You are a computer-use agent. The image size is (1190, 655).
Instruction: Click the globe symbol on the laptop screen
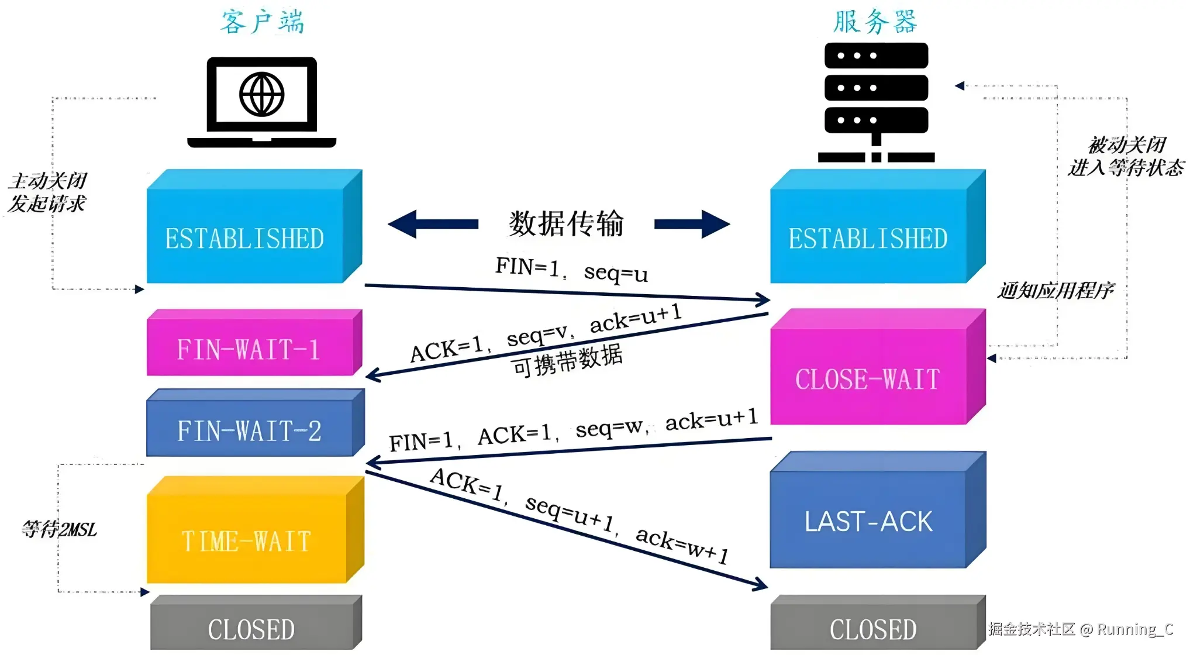261,94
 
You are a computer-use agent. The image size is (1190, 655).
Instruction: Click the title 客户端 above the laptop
262,22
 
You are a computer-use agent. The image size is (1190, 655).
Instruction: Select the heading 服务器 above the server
875,22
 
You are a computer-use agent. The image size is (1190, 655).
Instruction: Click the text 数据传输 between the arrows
566,223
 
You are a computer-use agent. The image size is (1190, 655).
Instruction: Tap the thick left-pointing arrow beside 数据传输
433,224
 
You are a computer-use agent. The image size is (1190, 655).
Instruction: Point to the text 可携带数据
567,360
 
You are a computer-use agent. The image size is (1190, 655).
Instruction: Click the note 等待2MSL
59,529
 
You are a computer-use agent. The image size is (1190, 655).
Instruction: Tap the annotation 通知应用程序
1056,290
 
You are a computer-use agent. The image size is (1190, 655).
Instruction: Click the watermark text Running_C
1134,629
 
